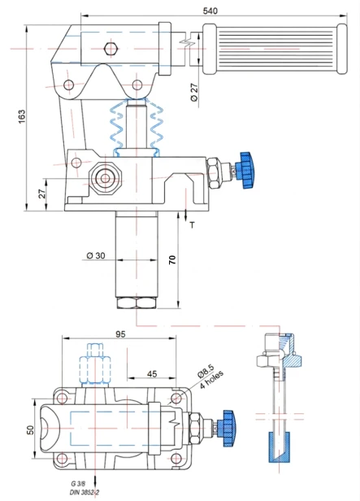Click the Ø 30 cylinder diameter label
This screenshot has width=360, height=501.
coord(95,256)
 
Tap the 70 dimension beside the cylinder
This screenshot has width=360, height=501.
coord(172,260)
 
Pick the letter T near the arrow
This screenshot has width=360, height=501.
coord(193,226)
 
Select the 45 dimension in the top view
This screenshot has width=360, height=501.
coord(151,374)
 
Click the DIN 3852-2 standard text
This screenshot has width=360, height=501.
coord(84,494)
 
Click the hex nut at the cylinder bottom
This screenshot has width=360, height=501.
coord(136,303)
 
